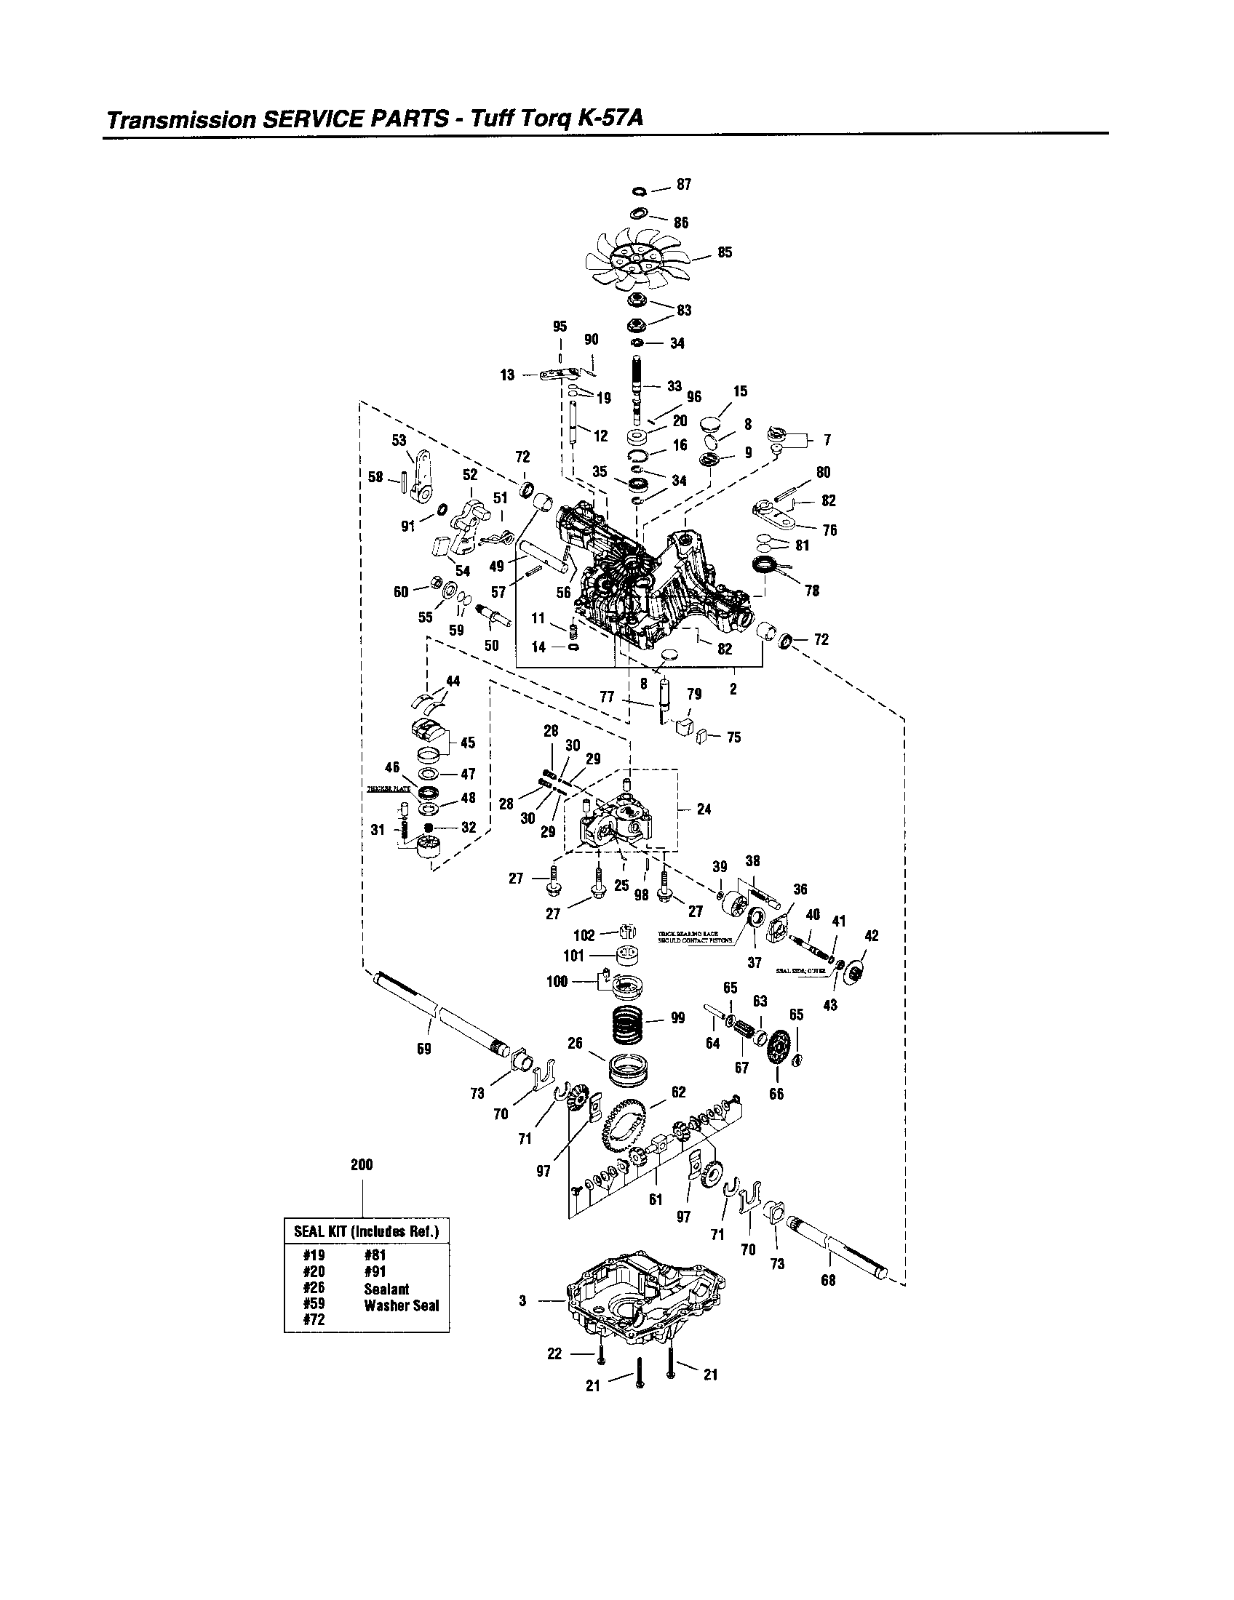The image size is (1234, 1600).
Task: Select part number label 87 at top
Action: point(683,185)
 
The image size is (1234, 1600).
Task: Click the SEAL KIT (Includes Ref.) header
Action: point(367,1231)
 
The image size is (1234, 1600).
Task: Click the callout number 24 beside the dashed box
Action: point(704,809)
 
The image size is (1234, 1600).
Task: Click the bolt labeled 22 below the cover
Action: point(600,1353)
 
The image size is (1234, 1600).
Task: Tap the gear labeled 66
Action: point(777,1056)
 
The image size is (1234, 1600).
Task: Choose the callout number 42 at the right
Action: point(871,936)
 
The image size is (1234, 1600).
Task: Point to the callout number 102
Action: point(584,935)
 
